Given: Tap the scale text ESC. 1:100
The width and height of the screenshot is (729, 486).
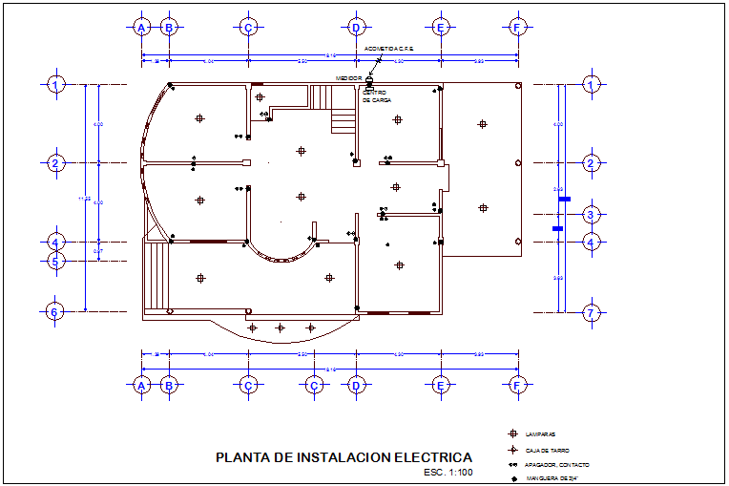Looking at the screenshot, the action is (x=448, y=472).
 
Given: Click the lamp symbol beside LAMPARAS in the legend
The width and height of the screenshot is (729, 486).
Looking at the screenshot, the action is (x=512, y=434).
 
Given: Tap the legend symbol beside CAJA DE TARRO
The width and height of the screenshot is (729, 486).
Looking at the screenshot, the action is (x=512, y=450).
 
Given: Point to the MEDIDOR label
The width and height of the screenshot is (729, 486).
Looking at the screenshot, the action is (x=348, y=78).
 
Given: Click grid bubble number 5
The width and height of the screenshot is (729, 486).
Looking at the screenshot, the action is (x=56, y=260).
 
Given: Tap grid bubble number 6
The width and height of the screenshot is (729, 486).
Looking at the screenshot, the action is (x=56, y=311).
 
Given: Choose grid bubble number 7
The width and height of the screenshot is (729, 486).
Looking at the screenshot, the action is (x=592, y=312).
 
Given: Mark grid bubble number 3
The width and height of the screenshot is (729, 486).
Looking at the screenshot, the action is (x=592, y=215).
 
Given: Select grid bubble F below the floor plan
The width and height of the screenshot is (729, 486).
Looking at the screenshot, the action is (x=517, y=385).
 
